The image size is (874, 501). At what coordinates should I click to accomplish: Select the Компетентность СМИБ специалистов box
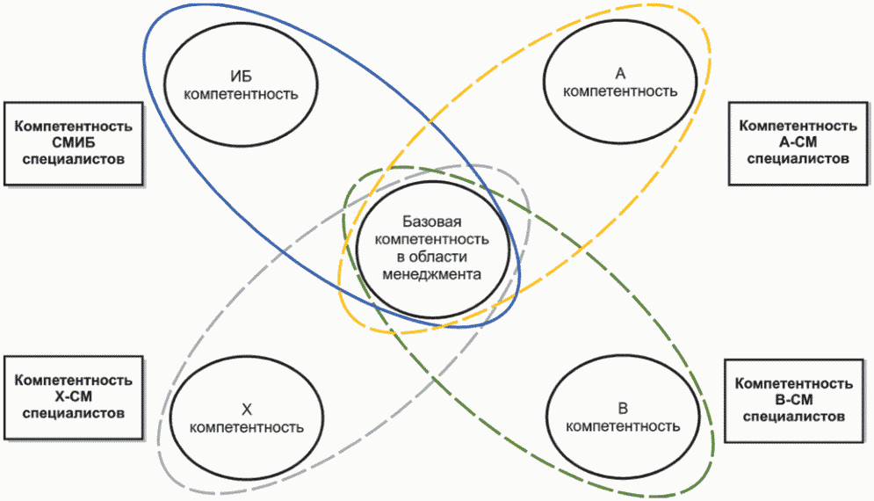coord(74,143)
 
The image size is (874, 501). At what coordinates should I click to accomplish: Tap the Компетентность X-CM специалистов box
coord(74,396)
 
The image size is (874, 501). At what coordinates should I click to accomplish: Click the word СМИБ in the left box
coord(74,143)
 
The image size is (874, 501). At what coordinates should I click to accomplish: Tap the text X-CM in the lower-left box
coord(74,396)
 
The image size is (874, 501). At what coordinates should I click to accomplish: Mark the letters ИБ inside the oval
coord(242,74)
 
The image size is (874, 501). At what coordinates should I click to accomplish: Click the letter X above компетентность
coord(247,409)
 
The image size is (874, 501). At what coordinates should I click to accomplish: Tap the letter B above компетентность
coord(623,409)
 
